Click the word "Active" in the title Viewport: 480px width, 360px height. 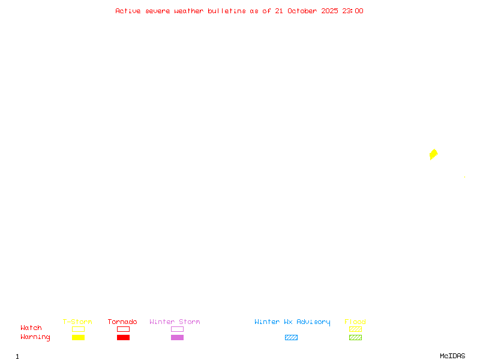[128, 11]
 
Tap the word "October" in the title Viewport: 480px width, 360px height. [302, 11]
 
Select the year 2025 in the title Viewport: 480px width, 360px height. [329, 11]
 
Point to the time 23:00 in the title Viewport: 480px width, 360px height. [353, 11]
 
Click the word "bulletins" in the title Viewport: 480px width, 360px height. [227, 11]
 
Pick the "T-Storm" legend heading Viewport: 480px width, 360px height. [77, 322]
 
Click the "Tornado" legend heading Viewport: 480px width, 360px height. [122, 322]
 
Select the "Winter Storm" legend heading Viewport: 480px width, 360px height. [175, 322]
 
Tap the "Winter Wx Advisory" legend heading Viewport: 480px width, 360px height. [292, 322]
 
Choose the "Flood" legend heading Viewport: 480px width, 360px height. [355, 322]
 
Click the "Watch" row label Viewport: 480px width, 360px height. [31, 328]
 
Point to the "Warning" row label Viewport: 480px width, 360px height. [35, 337]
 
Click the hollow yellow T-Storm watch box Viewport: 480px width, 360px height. [79, 327]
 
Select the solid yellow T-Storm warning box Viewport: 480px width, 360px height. [79, 338]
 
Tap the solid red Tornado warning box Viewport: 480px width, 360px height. [124, 338]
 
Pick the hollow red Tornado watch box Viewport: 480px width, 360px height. [124, 327]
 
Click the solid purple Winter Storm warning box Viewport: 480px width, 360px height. [177, 338]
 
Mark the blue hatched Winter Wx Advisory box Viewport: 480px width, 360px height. [291, 338]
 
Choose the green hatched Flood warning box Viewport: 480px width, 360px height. [355, 338]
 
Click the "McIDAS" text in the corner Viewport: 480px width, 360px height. [452, 356]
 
